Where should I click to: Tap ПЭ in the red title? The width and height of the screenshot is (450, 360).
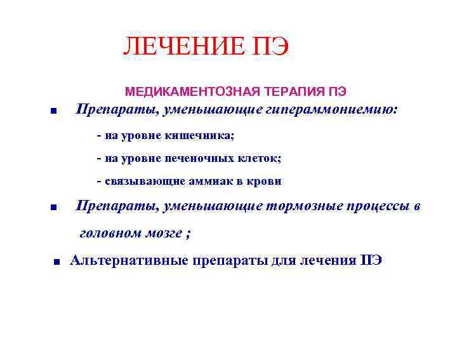coord(269,47)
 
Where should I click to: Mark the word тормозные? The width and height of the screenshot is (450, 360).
coord(301,206)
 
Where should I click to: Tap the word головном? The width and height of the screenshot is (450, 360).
coord(110,233)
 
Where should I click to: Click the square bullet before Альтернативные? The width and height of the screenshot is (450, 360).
coord(56,261)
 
